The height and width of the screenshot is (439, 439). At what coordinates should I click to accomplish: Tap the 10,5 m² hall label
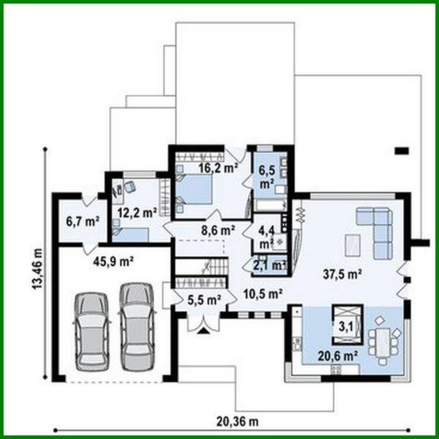tap(262, 294)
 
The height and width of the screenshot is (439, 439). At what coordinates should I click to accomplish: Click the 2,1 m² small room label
tap(269, 265)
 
